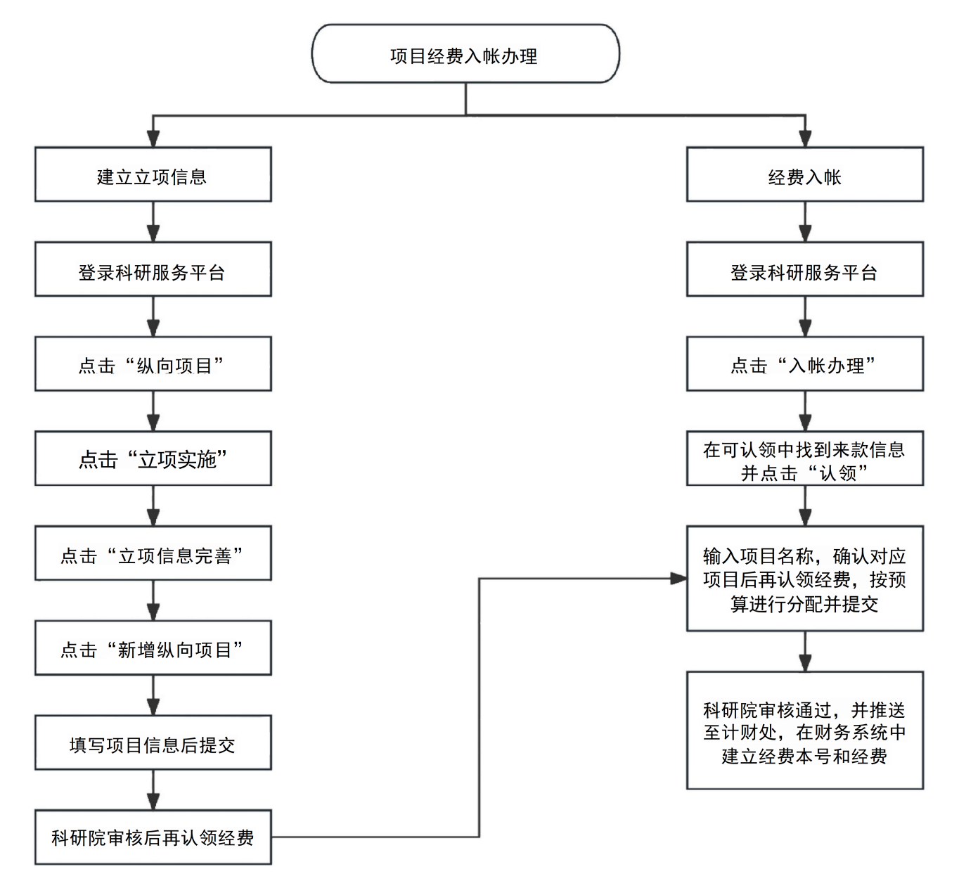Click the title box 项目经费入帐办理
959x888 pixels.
pyautogui.click(x=465, y=53)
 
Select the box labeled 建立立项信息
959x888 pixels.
pyautogui.click(x=153, y=174)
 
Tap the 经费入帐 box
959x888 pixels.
pyautogui.click(x=805, y=174)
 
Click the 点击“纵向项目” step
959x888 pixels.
pyautogui.click(x=153, y=363)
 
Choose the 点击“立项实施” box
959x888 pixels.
pyautogui.click(x=153, y=458)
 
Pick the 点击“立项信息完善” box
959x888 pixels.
pyautogui.click(x=153, y=553)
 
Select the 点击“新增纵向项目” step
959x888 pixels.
pyautogui.click(x=153, y=648)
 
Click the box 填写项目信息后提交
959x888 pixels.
pyautogui.click(x=153, y=742)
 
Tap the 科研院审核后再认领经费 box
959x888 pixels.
pyautogui.click(x=153, y=837)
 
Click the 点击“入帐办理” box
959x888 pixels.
pyautogui.click(x=805, y=363)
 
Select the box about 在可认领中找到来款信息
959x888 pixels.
pyautogui.click(x=805, y=458)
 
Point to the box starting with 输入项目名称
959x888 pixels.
pyautogui.click(x=805, y=579)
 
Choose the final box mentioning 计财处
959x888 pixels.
pyautogui.click(x=805, y=730)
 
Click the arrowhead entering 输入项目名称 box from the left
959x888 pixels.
pyautogui.click(x=679, y=579)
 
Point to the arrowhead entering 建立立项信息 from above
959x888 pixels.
pyautogui.click(x=153, y=139)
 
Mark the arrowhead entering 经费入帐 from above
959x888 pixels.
pyautogui.click(x=805, y=139)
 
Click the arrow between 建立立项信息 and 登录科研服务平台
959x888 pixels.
pyautogui.click(x=153, y=221)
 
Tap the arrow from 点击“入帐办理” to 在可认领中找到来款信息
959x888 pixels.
pyautogui.click(x=805, y=411)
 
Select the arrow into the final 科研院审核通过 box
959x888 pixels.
pyautogui.click(x=805, y=651)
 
